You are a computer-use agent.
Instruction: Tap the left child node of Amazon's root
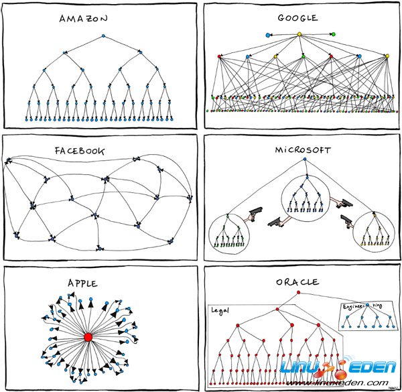[x=64, y=52]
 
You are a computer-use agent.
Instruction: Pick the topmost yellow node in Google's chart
[x=299, y=34]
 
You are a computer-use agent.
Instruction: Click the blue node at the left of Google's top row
[x=268, y=34]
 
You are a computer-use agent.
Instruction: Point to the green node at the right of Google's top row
[x=333, y=34]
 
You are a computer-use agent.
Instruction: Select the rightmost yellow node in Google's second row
[x=387, y=56]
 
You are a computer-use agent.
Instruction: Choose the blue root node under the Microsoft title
[x=305, y=159]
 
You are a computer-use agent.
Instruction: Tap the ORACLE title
[x=297, y=283]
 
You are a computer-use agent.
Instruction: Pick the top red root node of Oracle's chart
[x=298, y=293]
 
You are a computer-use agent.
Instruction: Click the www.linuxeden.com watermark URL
[x=348, y=383]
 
